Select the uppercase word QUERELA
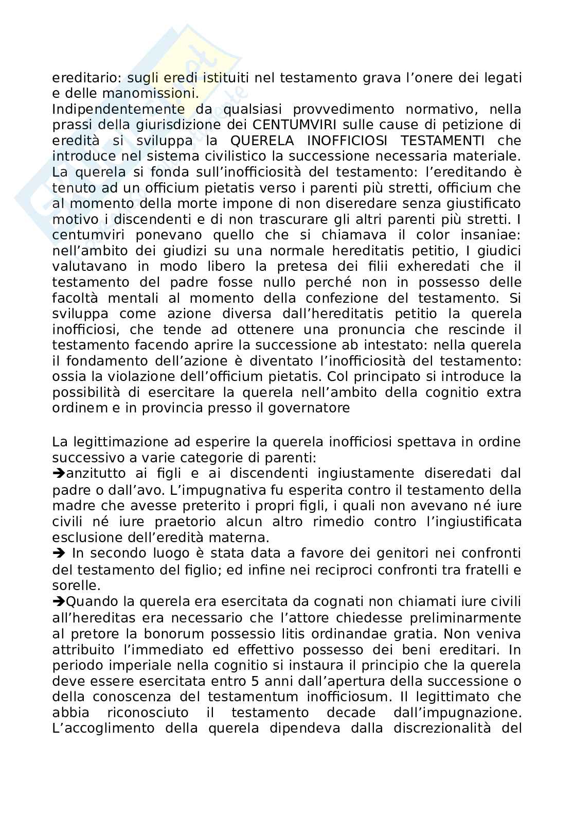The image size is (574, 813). click(260, 141)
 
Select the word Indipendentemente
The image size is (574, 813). click(118, 109)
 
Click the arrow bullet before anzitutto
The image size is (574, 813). click(57, 474)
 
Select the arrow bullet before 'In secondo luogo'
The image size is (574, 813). click(58, 553)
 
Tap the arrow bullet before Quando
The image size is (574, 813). click(57, 601)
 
